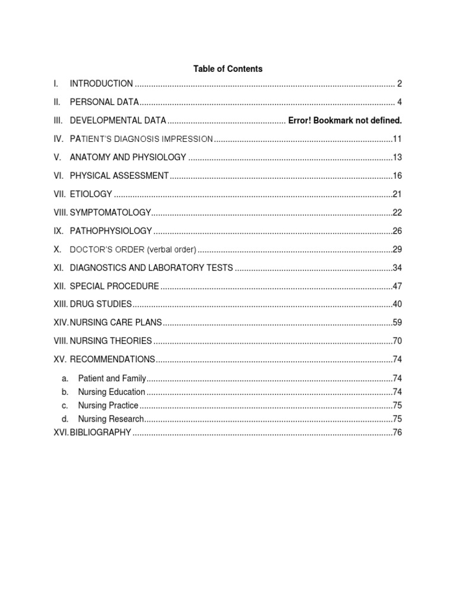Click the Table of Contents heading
227,69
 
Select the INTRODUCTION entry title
101,84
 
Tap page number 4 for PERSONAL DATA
400,102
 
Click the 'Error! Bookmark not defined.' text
345,121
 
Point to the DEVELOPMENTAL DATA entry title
118,121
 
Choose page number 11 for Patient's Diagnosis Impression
397,139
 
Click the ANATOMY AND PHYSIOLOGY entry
128,157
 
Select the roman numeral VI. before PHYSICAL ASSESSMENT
58,176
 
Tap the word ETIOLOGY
91,194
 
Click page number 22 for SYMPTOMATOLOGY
397,213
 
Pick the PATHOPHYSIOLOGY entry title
111,231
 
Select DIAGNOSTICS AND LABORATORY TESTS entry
151,268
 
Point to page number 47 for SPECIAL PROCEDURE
397,286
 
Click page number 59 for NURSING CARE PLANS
397,323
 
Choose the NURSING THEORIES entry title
111,341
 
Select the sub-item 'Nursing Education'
112,392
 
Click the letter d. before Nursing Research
65,419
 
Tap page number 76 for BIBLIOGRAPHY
397,433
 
